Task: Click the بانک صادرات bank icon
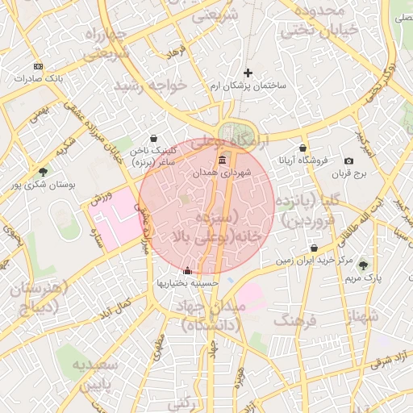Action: point(38,66)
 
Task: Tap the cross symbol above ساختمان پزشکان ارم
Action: point(248,73)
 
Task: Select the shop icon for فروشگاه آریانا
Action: point(302,148)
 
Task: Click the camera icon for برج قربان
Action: point(348,161)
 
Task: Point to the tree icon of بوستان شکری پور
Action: point(43,171)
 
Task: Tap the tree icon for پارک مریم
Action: point(362,265)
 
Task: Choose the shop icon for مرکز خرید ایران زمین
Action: point(314,248)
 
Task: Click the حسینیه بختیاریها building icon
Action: point(188,271)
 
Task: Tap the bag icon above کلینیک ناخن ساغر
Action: point(154,139)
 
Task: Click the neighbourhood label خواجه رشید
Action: point(150,85)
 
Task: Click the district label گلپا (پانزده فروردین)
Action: point(310,209)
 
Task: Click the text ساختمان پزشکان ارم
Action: point(248,86)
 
